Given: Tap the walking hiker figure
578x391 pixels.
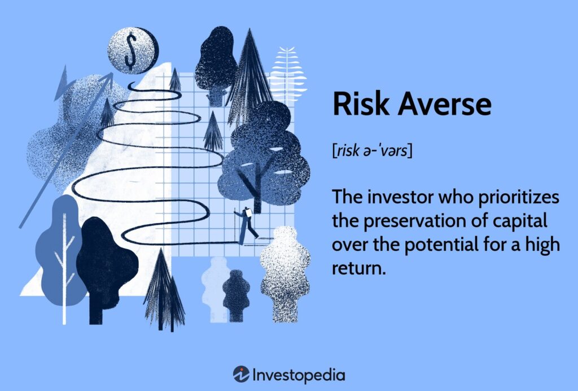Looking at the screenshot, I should (x=246, y=225).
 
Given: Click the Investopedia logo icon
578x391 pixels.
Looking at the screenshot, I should (x=241, y=374).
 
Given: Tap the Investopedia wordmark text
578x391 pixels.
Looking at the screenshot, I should (x=299, y=375).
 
